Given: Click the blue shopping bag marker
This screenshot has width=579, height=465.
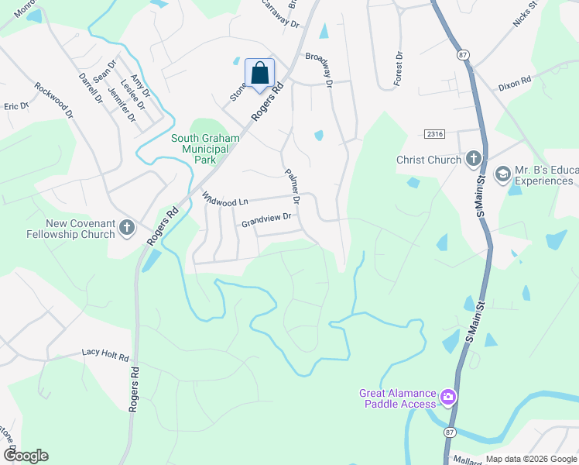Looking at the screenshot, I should pyautogui.click(x=260, y=74).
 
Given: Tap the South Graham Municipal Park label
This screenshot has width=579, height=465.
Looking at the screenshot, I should pyautogui.click(x=204, y=149).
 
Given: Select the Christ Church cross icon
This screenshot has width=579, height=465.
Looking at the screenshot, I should pyautogui.click(x=474, y=160).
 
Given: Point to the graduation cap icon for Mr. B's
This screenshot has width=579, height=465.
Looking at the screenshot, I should pyautogui.click(x=503, y=174).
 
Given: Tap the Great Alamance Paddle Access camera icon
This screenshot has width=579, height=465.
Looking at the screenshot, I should pyautogui.click(x=447, y=398).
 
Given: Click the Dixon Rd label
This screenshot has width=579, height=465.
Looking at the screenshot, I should pyautogui.click(x=514, y=80).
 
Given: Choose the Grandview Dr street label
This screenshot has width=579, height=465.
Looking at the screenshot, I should pyautogui.click(x=266, y=221).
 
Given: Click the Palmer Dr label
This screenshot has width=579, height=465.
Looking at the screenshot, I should pyautogui.click(x=292, y=184).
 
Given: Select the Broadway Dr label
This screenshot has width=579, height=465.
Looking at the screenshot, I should pyautogui.click(x=319, y=70).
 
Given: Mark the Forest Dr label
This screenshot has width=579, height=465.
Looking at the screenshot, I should pyautogui.click(x=399, y=70).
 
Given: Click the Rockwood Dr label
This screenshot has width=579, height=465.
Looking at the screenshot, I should pyautogui.click(x=53, y=102).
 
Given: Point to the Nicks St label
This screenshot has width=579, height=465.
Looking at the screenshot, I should pyautogui.click(x=525, y=15).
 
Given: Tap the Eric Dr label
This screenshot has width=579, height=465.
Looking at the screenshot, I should pyautogui.click(x=15, y=106).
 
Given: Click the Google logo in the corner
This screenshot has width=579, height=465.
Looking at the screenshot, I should pyautogui.click(x=25, y=456).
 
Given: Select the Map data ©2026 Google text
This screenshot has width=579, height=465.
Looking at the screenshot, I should pyautogui.click(x=530, y=459).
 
